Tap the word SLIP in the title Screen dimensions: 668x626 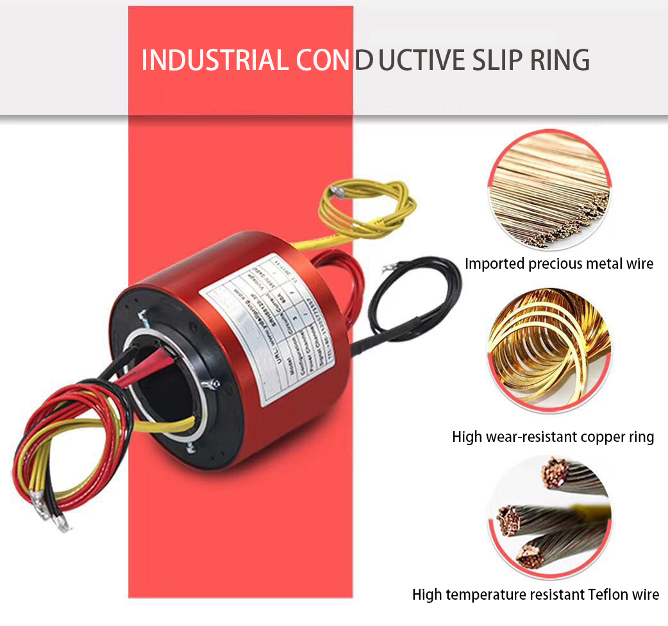500,60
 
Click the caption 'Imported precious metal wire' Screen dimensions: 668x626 559,263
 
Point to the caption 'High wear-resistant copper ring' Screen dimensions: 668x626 553,437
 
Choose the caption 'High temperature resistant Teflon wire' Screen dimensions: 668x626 535,595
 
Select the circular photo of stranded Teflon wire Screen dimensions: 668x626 549,513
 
